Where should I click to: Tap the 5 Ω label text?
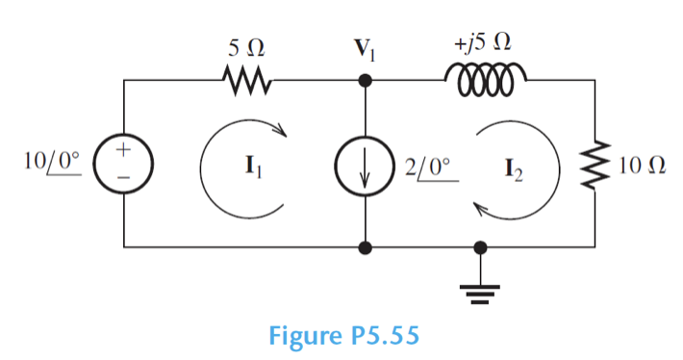(242, 46)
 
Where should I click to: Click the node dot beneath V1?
(365, 82)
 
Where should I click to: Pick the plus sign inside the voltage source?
(124, 152)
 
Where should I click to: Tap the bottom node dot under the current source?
(365, 247)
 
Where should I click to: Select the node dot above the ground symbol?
(482, 247)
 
